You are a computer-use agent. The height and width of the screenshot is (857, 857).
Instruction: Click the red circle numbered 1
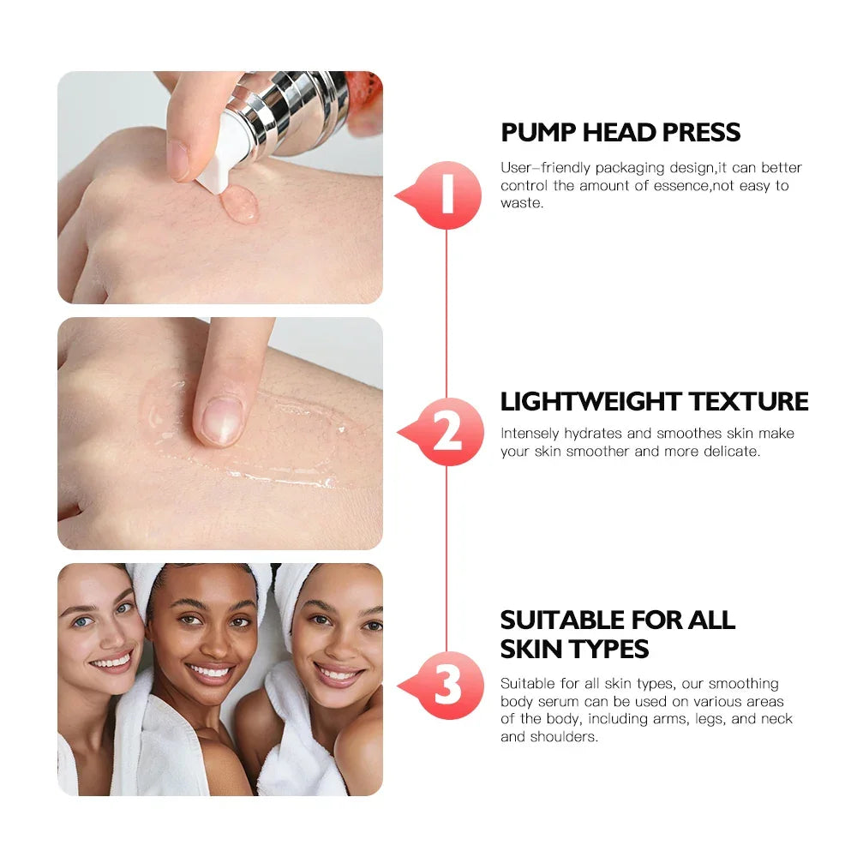[x=446, y=196]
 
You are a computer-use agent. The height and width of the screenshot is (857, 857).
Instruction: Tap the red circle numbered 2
[x=446, y=432]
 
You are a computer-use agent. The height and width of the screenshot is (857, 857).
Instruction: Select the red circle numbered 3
[x=446, y=685]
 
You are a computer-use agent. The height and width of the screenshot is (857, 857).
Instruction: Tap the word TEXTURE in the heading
[x=749, y=401]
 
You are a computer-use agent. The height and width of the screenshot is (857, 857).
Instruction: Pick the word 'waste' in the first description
[x=521, y=204]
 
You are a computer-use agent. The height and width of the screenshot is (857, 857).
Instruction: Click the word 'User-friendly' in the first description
[x=541, y=168]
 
